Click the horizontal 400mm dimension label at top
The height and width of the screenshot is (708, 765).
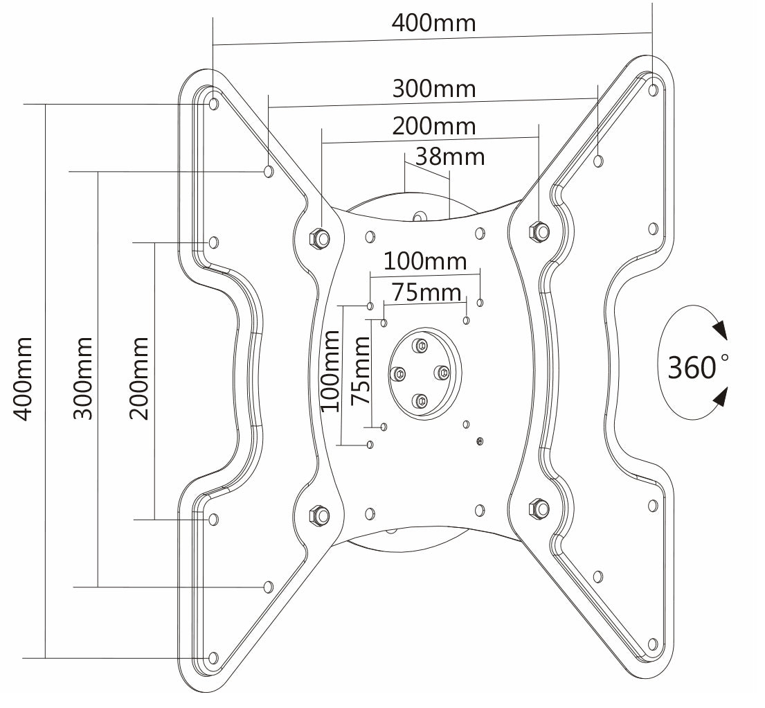tap(433, 23)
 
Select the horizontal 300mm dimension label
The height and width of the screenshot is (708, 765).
tap(433, 89)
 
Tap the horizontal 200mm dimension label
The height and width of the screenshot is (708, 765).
tap(433, 126)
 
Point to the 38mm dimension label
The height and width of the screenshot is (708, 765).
tap(449, 157)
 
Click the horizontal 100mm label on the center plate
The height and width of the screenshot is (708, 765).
tap(425, 261)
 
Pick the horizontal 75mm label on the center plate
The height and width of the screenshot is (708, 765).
tap(426, 292)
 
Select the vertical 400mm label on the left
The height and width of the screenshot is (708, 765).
tap(22, 378)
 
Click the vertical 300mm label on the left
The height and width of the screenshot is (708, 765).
tap(82, 378)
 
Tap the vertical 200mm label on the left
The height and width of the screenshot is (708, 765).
tap(138, 378)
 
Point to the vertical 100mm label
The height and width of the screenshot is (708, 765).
tap(330, 371)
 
